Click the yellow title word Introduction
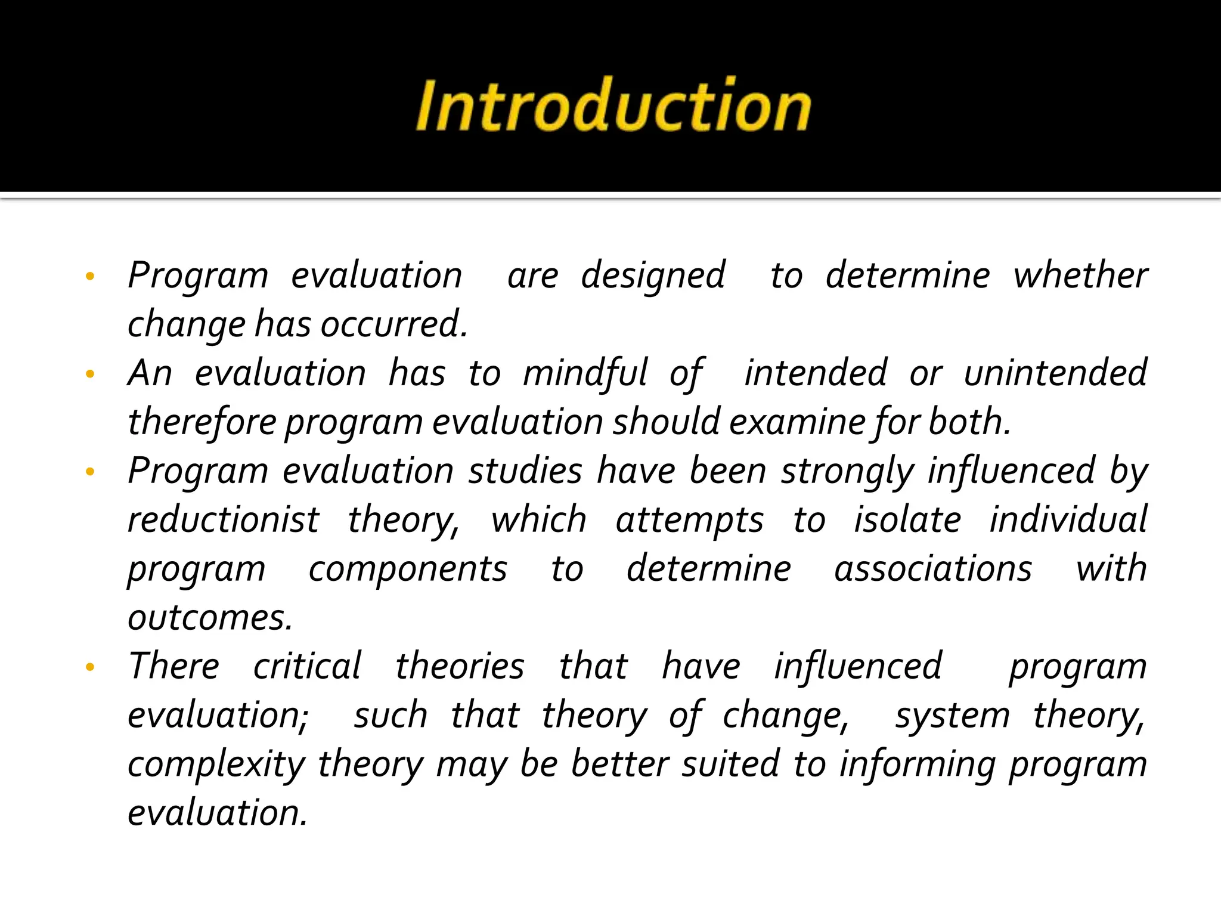[x=613, y=106]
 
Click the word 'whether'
[x=1080, y=276]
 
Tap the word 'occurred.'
[x=393, y=325]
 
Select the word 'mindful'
[x=584, y=374]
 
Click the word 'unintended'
[x=1055, y=374]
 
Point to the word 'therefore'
[x=202, y=422]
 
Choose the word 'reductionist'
[x=224, y=520]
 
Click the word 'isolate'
[x=907, y=520]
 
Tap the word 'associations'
[x=932, y=569]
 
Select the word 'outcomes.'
[x=210, y=618]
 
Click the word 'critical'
[x=307, y=667]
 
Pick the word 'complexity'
[x=216, y=765]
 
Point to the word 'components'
[x=408, y=569]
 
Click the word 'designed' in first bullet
[x=653, y=277]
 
